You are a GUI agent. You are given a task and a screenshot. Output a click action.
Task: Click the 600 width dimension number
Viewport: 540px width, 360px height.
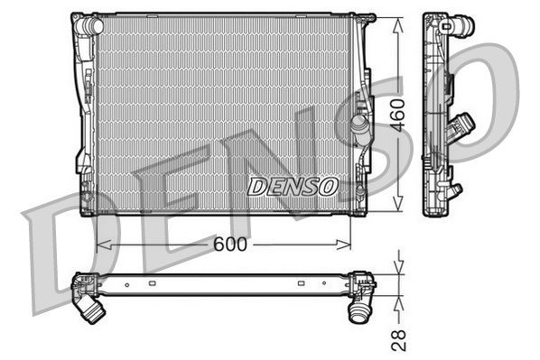(228, 245)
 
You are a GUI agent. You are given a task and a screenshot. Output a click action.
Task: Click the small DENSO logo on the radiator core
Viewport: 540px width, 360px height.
(292, 186)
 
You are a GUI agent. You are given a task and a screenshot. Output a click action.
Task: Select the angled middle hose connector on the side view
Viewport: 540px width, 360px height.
(465, 123)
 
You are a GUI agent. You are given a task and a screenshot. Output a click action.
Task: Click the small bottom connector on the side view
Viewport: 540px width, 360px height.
(455, 190)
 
